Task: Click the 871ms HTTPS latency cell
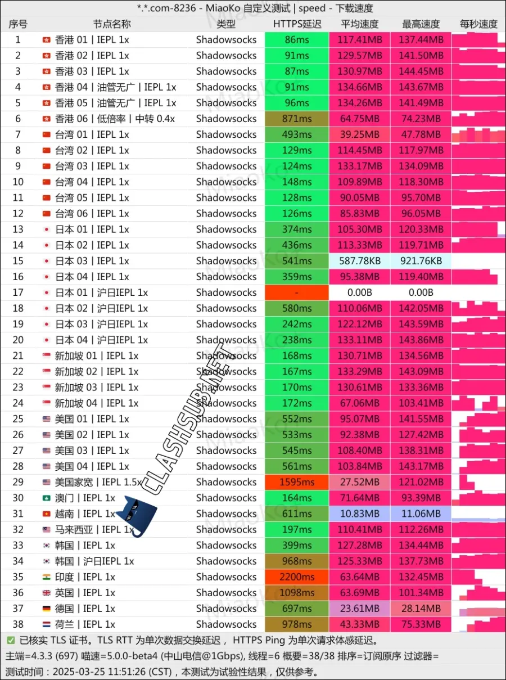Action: click(297, 119)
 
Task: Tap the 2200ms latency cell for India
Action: click(297, 577)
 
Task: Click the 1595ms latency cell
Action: click(297, 482)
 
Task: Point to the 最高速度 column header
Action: click(421, 24)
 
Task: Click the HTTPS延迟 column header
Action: click(297, 24)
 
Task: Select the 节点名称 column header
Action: click(112, 24)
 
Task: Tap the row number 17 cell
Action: click(18, 292)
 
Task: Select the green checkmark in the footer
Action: click(11, 640)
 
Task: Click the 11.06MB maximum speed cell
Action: click(421, 514)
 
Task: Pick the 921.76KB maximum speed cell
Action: click(421, 261)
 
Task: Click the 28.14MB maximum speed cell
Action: click(421, 609)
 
